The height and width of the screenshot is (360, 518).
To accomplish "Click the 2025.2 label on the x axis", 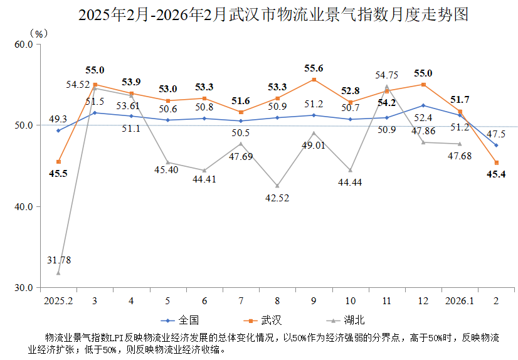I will click(58, 301).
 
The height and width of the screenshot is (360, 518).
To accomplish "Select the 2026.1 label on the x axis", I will click(460, 301).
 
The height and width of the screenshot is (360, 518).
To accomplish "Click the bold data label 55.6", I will click(314, 68).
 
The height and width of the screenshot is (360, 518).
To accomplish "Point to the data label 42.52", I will click(277, 199).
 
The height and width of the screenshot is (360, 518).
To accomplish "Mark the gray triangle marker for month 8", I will click(277, 186).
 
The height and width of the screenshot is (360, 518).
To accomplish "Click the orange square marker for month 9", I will click(314, 80).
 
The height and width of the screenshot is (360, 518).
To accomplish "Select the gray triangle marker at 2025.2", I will click(58, 273).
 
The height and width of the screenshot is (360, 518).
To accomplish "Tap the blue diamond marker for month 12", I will click(423, 105).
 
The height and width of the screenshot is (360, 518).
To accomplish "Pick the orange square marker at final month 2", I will click(496, 162).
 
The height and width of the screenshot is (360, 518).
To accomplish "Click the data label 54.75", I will click(388, 75).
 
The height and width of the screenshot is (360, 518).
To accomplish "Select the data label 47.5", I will click(496, 134).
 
